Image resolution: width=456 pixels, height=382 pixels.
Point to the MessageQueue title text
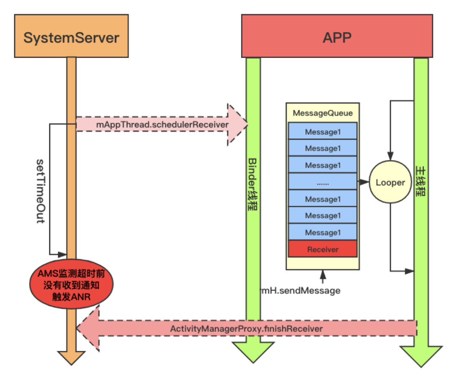tap(323, 113)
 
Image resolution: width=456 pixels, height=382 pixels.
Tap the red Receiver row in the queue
tap(323, 249)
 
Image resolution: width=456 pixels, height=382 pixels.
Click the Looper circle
tap(390, 183)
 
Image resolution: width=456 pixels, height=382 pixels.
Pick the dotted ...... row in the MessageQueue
tap(323, 182)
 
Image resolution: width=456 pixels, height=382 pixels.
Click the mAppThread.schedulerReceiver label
tap(162, 125)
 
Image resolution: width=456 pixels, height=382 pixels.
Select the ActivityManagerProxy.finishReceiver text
tap(247, 329)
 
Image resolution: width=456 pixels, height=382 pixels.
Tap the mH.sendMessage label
tap(301, 290)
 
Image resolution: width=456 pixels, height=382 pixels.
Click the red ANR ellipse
tap(71, 285)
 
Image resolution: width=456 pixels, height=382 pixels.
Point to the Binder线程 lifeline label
tap(253, 184)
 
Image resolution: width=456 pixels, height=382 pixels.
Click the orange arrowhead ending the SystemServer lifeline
tap(71, 358)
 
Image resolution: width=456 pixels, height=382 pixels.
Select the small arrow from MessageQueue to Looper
tap(363, 182)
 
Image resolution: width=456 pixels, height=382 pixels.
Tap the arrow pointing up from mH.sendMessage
tap(323, 276)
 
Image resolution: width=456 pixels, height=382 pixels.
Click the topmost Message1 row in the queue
tap(323, 132)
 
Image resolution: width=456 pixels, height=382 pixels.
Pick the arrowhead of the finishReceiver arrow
tap(89, 329)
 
